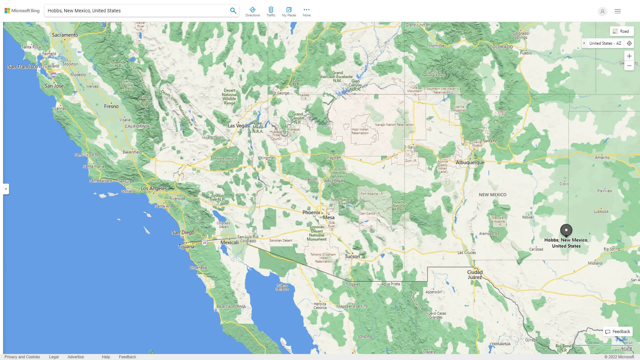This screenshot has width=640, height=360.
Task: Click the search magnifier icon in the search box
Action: tap(233, 11)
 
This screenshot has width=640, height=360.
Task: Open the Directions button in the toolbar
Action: tap(253, 12)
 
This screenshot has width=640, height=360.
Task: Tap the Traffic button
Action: tap(271, 12)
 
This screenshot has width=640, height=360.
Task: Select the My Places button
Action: tap(289, 12)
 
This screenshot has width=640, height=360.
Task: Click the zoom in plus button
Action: tap(629, 56)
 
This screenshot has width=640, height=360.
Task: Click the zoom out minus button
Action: tap(629, 66)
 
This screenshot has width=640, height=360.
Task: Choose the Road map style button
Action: tap(621, 31)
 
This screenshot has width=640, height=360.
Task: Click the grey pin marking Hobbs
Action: tap(566, 230)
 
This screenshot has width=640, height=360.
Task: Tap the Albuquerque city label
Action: tap(470, 163)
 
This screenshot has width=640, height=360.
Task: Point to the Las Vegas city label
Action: tap(238, 126)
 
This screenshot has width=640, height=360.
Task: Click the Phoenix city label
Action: tap(311, 212)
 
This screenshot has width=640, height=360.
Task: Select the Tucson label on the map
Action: tap(352, 256)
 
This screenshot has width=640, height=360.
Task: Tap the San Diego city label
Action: tap(183, 232)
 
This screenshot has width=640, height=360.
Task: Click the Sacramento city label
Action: tap(65, 35)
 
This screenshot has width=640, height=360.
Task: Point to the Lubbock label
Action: tap(601, 211)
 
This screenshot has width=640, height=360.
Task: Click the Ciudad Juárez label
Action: tap(475, 275)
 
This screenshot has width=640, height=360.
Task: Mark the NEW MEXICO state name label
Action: tap(492, 195)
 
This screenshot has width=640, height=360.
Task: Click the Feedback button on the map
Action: tap(618, 332)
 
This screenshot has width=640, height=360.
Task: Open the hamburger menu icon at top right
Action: tap(618, 11)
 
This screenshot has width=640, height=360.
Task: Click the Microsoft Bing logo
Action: tap(22, 11)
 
